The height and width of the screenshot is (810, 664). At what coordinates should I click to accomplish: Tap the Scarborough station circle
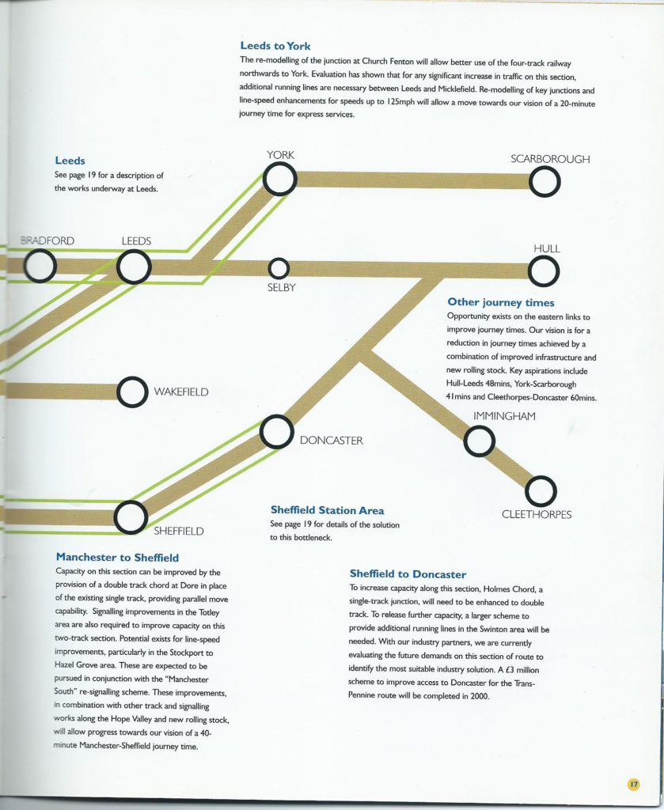pos(544,183)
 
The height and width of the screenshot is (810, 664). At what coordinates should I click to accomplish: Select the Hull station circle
pos(544,271)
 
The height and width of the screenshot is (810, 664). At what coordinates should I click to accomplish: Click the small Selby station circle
pos(279,268)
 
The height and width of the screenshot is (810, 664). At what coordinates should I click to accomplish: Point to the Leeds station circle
pos(134,267)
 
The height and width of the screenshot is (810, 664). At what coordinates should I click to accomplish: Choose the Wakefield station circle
pos(131,391)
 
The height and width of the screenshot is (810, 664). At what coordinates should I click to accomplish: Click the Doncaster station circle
pos(276,432)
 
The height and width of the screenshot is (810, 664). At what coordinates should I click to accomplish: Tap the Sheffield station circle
pos(131,516)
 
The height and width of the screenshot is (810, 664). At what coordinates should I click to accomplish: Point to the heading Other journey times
pos(500,302)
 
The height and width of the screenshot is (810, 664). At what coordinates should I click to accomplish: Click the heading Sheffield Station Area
pos(327,510)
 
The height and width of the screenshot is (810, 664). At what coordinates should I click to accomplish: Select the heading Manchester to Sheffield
pos(117,557)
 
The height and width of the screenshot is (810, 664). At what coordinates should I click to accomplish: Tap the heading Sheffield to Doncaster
pos(408,573)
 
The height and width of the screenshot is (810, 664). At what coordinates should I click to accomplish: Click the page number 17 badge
pos(633,784)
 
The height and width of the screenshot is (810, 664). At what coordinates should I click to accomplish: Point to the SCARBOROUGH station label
pos(550,159)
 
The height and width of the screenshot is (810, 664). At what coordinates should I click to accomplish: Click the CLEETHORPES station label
pos(537,514)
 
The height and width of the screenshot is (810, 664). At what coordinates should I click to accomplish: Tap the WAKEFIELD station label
pos(182,391)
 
